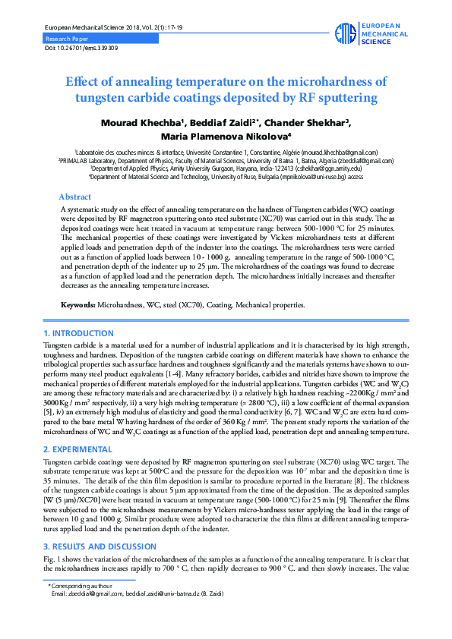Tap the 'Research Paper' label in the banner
(67, 37)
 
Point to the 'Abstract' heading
(74, 197)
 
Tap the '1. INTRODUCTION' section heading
(79, 334)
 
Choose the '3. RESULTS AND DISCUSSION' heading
(100, 547)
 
